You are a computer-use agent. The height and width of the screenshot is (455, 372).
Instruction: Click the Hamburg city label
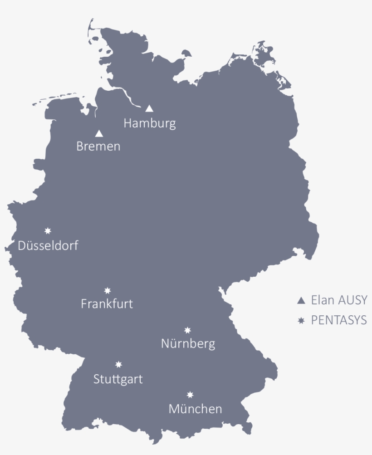click(x=149, y=123)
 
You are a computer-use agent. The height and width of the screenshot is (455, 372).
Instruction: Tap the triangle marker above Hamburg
click(x=149, y=109)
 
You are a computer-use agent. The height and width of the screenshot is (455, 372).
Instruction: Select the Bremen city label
click(x=98, y=147)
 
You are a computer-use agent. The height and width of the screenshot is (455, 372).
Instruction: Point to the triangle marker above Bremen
click(x=99, y=134)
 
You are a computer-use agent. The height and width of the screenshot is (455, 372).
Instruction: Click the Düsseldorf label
click(x=48, y=246)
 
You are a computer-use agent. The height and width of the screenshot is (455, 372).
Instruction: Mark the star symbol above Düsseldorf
click(x=48, y=231)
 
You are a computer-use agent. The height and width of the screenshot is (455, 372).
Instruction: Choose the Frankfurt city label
click(x=107, y=303)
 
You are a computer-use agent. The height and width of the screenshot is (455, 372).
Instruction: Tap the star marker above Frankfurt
click(x=108, y=290)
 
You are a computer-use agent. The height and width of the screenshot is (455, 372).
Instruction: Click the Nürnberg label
click(x=188, y=344)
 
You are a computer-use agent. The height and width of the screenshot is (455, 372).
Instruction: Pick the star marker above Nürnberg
click(x=187, y=330)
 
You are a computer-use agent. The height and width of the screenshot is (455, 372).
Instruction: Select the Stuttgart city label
click(x=118, y=379)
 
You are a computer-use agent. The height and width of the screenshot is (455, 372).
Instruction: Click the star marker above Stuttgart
click(x=118, y=364)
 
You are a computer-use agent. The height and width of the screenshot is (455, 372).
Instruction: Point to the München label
click(x=195, y=409)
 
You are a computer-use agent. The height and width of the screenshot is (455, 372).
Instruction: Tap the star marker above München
click(x=190, y=395)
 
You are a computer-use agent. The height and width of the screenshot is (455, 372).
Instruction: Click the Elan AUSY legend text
click(x=338, y=300)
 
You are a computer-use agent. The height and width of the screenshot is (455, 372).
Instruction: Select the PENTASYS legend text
click(x=338, y=320)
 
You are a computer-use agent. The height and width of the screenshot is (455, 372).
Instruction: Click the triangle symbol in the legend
click(x=300, y=300)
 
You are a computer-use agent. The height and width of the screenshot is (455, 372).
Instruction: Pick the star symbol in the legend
click(x=300, y=321)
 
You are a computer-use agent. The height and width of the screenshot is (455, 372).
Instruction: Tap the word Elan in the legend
click(x=322, y=300)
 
